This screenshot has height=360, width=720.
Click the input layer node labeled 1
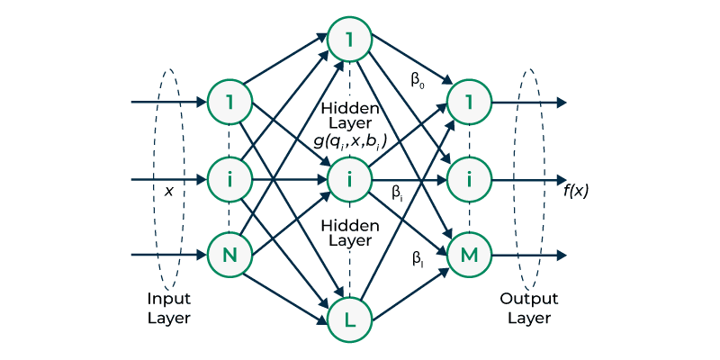230,102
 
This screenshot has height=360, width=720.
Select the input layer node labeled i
230,179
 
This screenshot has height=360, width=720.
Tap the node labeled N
230,256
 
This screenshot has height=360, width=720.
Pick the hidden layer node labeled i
349,179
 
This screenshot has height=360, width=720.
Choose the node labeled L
349,319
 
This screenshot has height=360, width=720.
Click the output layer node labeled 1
469,102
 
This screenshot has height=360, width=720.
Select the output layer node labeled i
469,179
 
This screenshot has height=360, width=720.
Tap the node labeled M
469,256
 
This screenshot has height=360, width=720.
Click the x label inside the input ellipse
167,191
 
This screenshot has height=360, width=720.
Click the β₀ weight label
418,80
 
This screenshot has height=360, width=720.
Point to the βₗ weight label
418,258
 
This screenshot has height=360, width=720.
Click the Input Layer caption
169,308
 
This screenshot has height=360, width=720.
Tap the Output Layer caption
530,308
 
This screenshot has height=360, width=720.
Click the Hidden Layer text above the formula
349,114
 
